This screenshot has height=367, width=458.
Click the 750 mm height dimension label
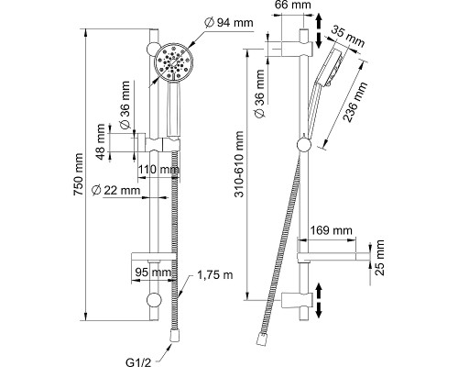(78, 174)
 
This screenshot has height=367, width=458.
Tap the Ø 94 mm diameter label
(229, 23)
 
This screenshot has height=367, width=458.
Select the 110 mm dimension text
(158, 169)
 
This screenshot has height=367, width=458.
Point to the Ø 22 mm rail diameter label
(116, 190)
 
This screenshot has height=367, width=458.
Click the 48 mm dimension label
(100, 141)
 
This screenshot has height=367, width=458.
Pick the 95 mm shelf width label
(154, 272)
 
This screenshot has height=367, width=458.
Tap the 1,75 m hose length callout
(215, 275)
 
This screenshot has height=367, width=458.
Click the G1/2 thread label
(138, 362)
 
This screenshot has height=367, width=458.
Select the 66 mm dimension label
(293, 5)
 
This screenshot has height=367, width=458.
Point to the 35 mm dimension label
(348, 37)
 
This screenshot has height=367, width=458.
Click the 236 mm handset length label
(354, 102)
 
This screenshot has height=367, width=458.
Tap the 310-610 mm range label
(239, 164)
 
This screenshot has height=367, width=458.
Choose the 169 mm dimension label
(331, 230)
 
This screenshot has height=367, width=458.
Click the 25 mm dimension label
(379, 258)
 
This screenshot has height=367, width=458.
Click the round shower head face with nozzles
(174, 62)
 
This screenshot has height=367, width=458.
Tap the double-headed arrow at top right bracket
(319, 30)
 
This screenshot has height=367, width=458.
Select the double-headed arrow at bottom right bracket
(319, 300)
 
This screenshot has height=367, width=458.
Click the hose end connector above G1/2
(174, 336)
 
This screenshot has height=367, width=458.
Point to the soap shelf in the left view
(154, 257)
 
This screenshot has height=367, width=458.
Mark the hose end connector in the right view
(262, 339)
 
